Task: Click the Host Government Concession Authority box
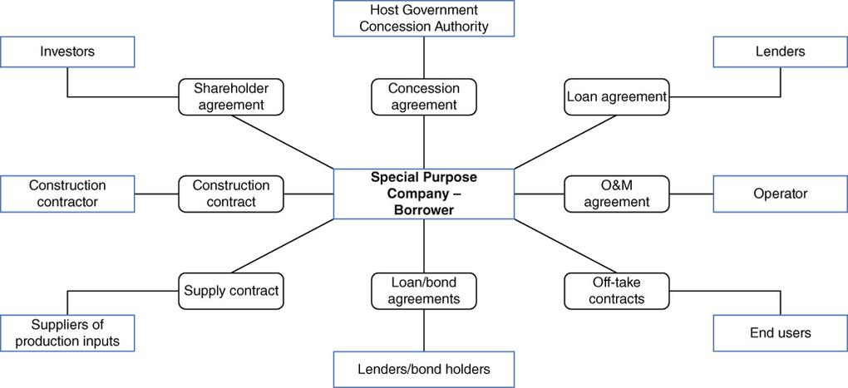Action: coord(423,18)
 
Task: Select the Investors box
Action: coord(67,52)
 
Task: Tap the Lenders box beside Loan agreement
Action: coord(781,52)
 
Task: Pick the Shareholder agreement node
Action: coord(231,96)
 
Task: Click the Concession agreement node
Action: coord(424,96)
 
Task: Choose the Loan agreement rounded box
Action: coord(617,96)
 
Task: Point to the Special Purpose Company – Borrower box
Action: coord(423,194)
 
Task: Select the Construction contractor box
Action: coord(67,194)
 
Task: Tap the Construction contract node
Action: coord(231,194)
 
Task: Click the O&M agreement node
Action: coord(617,194)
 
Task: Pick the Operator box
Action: coord(781,194)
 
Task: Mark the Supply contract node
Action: coord(231,291)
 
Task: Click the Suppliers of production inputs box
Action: coord(67,333)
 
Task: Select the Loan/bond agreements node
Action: coord(424,291)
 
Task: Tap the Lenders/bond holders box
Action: coord(423,370)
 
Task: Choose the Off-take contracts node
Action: coord(617,291)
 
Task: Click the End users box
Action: coord(781,333)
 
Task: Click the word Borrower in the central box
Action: coord(424,209)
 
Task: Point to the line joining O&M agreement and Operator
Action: coord(691,194)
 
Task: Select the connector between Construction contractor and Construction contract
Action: coord(157,194)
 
